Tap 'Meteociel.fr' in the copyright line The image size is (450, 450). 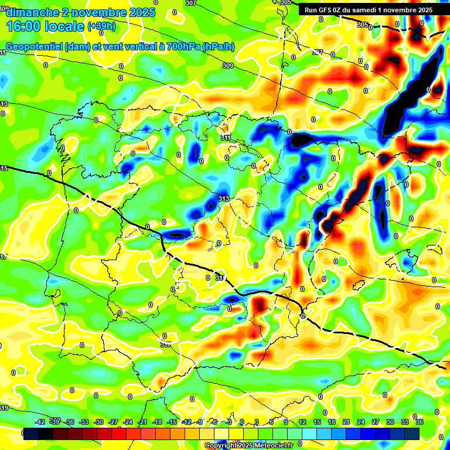(270, 446)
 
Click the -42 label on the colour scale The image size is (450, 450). (40, 422)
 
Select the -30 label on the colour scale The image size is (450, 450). (98, 422)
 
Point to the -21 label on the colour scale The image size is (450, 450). (142, 422)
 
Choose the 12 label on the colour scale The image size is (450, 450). (302, 422)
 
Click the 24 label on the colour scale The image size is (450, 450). (361, 422)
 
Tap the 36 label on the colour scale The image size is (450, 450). (419, 422)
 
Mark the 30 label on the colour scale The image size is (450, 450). (390, 422)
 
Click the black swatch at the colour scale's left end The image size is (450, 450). (31, 434)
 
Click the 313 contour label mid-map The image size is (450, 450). (223, 199)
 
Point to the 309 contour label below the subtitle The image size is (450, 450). (228, 66)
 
